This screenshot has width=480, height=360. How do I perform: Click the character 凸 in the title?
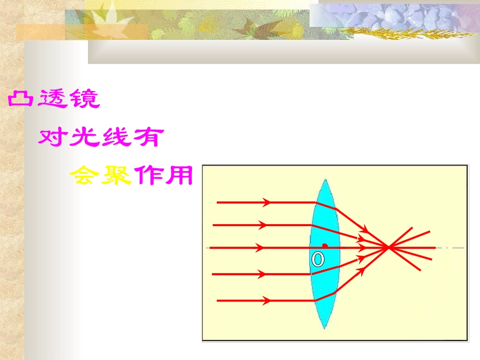click(x=20, y=99)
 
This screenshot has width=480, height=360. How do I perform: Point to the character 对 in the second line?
click(x=51, y=137)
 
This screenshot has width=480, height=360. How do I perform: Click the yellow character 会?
click(x=84, y=175)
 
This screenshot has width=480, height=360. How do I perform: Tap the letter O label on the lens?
click(x=317, y=260)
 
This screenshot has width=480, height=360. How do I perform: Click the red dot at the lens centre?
click(x=325, y=246)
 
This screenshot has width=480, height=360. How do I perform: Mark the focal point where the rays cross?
click(x=388, y=247)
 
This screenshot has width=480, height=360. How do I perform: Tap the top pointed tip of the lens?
click(x=325, y=179)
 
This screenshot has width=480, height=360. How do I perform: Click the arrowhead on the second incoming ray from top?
click(x=262, y=225)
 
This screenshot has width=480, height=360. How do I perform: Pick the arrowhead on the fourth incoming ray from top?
click(x=262, y=274)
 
